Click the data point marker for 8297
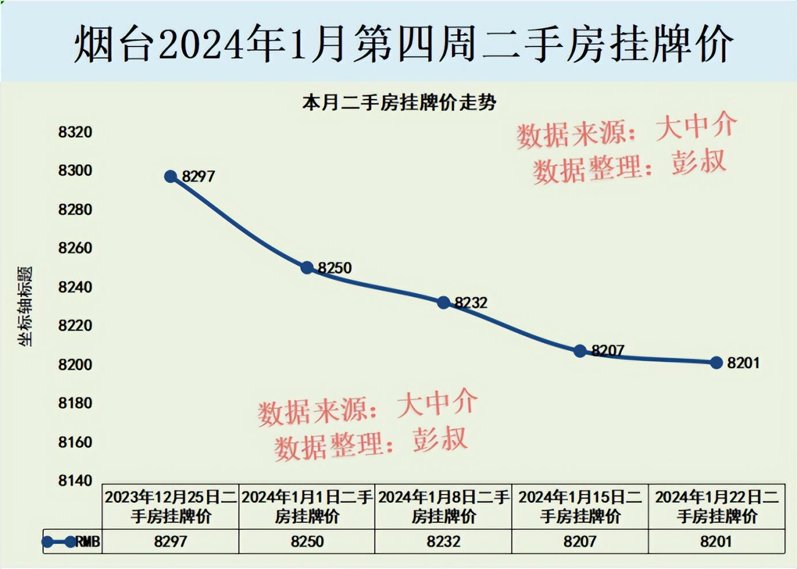tap(170, 176)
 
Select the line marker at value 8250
tap(307, 268)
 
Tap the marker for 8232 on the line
tap(443, 302)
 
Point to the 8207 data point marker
tap(580, 351)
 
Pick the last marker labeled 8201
tap(716, 362)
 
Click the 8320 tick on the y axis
tap(75, 132)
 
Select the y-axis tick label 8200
tap(75, 365)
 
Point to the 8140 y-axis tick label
tap(75, 480)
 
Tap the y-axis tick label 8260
tap(75, 248)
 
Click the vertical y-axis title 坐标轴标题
tap(25, 306)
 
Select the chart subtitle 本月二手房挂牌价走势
tap(399, 103)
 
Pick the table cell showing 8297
tap(170, 542)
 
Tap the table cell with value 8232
tap(443, 542)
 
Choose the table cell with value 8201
tap(716, 542)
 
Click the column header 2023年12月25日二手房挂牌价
tap(170, 506)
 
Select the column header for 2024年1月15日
tap(580, 506)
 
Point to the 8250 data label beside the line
tap(335, 268)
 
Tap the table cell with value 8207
tap(580, 542)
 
